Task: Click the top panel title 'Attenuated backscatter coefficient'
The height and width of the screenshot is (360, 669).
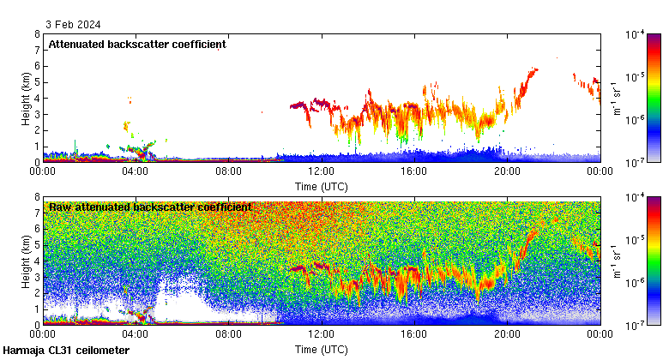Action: (137, 44)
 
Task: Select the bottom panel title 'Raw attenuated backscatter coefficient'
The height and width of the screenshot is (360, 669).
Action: (150, 207)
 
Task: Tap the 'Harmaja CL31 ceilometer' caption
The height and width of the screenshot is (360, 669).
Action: (66, 351)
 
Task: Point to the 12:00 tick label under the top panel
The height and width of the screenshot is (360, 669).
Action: (321, 171)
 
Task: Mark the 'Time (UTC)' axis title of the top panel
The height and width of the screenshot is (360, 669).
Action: (321, 185)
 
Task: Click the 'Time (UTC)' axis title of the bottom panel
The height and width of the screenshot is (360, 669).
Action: (321, 349)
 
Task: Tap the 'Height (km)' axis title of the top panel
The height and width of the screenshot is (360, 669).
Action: (27, 98)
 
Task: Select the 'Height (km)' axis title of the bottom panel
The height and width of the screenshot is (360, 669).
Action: (27, 261)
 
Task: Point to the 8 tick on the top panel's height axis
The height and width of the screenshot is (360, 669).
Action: (36, 34)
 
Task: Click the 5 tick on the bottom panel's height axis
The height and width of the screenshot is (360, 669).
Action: (36, 245)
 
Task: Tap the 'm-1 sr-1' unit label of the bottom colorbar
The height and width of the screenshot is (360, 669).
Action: (616, 261)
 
